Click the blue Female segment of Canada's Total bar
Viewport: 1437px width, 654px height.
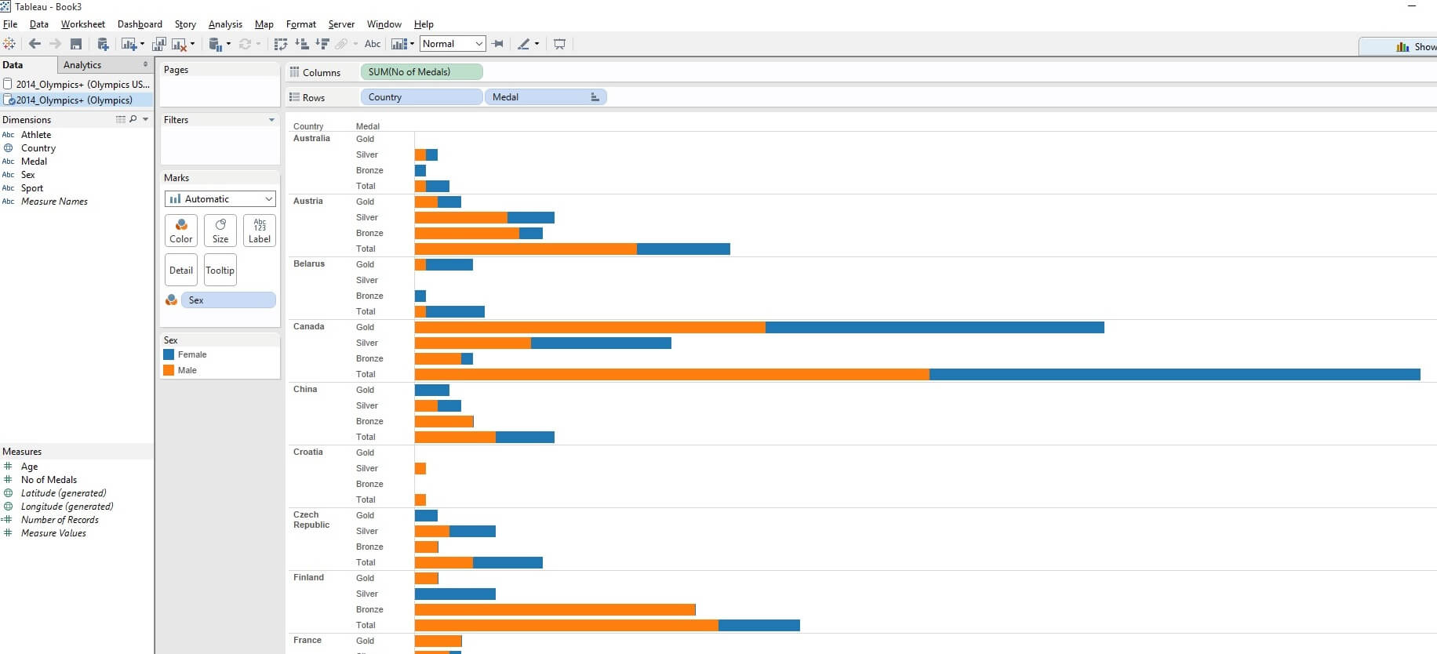pos(1174,375)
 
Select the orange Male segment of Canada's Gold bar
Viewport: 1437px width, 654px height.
pos(590,328)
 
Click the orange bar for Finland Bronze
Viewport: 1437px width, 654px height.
pos(555,610)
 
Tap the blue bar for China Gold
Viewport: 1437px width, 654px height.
pos(431,391)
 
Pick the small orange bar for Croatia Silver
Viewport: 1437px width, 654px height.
pos(420,469)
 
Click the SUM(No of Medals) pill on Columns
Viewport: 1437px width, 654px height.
pos(421,72)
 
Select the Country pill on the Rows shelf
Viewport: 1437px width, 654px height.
pos(421,97)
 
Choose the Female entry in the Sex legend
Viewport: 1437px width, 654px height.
pos(192,354)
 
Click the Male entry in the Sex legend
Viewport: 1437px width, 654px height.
pos(187,370)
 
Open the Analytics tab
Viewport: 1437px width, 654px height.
pos(82,65)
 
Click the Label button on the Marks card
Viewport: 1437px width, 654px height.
pos(260,231)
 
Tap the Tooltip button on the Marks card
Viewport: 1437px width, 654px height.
pos(220,271)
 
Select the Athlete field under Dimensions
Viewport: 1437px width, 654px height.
pos(36,135)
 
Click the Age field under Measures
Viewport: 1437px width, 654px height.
pos(30,467)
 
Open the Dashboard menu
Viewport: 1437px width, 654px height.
pos(140,24)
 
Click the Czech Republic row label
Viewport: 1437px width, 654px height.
pos(311,520)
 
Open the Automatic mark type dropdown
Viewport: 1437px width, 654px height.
pos(220,199)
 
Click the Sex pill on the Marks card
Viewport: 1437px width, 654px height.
pos(227,300)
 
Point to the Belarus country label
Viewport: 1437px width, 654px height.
pos(309,264)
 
